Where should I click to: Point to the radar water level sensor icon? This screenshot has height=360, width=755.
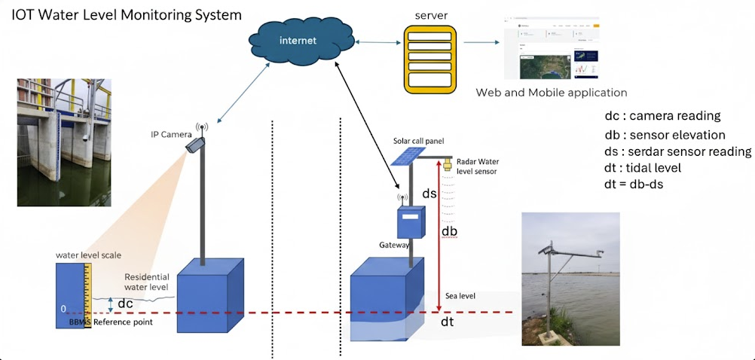coord(447,163)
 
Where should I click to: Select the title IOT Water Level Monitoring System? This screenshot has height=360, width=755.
coord(127,14)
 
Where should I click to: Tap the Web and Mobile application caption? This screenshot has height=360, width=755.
coord(552,93)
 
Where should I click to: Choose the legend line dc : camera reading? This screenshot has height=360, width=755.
coord(663,116)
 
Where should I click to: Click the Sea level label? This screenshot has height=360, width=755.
coord(460,295)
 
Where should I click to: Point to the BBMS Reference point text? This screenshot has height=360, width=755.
coord(110,322)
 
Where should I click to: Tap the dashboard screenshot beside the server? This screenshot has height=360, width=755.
coord(548,49)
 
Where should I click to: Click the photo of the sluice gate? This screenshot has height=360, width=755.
coord(64,142)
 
